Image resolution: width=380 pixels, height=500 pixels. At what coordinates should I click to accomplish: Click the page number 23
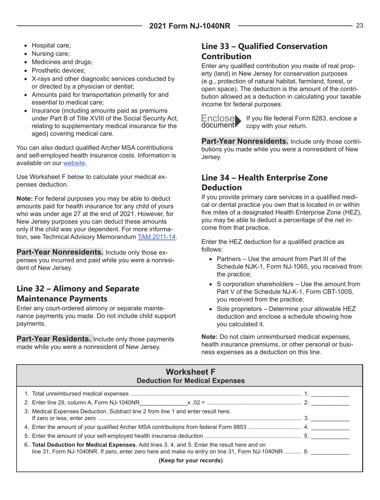(x=360, y=26)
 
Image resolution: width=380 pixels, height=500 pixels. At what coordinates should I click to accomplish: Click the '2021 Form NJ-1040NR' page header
(x=190, y=27)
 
